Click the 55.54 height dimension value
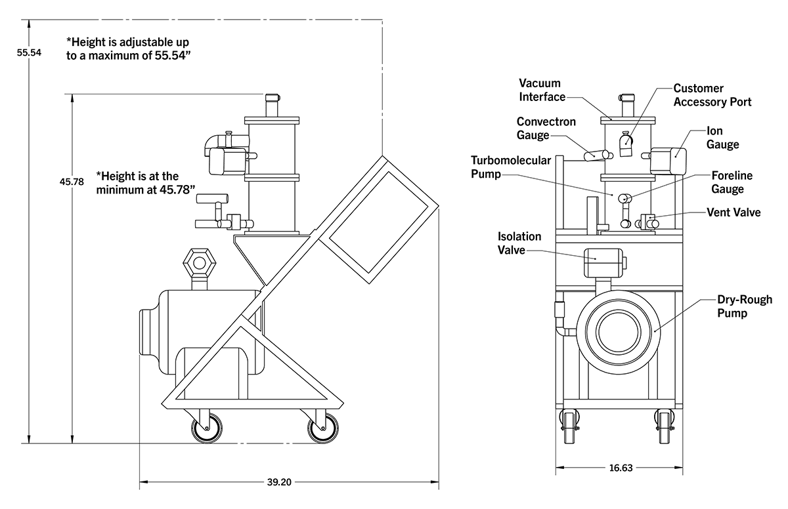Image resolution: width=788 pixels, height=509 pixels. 29,52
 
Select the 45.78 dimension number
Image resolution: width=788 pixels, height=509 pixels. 72,182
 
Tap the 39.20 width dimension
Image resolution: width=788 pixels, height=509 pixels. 279,482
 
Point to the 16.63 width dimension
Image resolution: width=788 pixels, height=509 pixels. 621,468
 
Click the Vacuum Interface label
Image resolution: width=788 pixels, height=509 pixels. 542,90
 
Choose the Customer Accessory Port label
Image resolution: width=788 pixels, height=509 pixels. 712,95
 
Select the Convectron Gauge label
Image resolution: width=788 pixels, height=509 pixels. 546,128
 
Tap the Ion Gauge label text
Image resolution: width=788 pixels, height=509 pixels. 722,137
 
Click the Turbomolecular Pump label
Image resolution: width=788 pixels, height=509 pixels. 511,167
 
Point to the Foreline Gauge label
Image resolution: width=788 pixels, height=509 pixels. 732,182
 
